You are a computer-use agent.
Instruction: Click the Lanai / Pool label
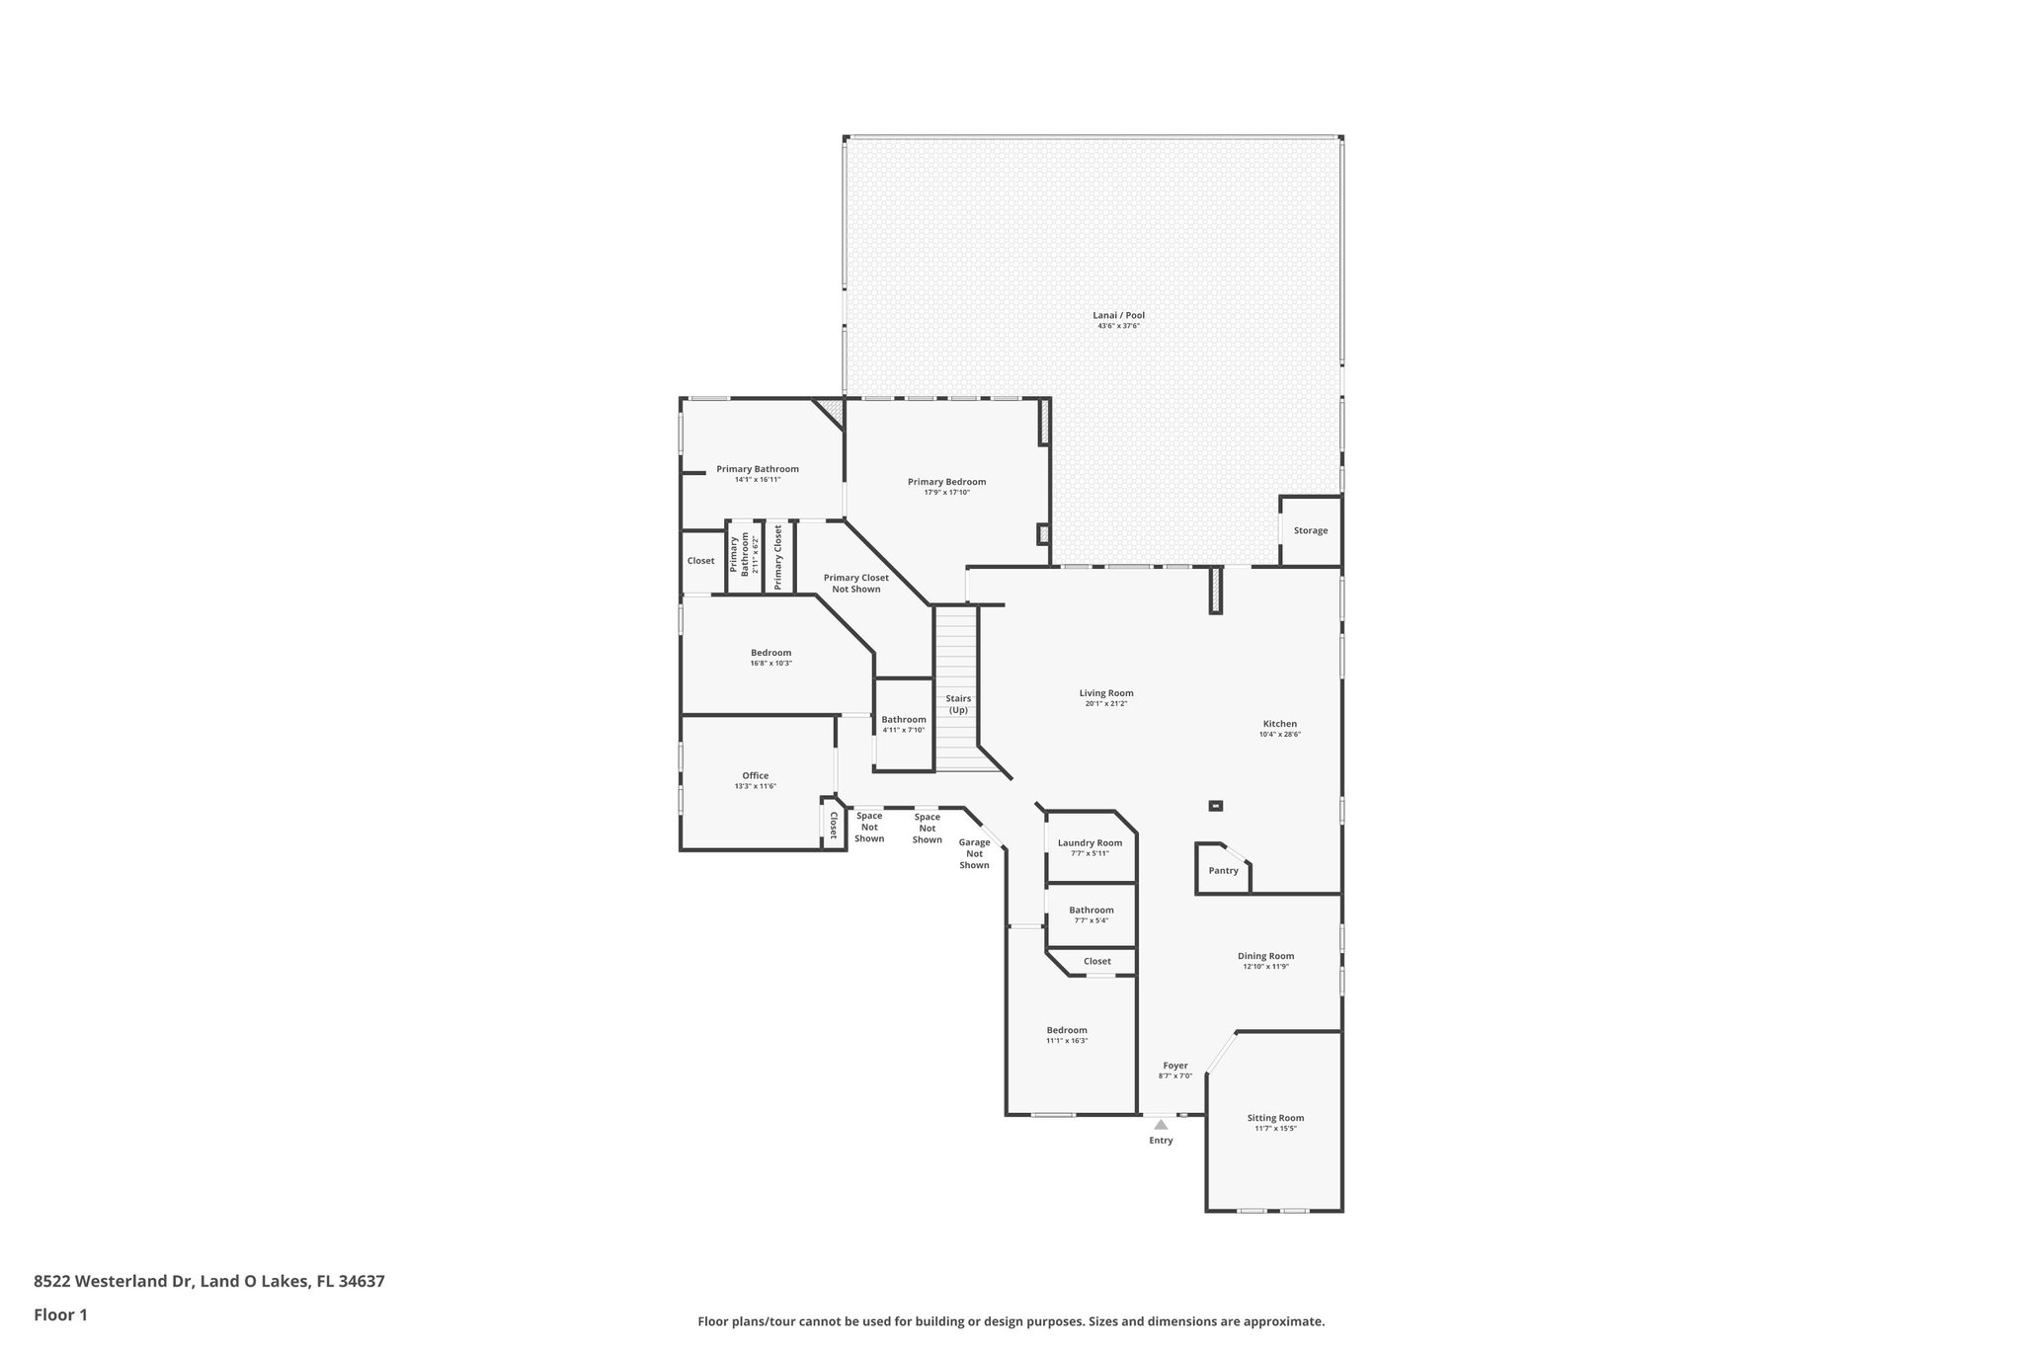1118,315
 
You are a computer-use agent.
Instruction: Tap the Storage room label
1311,530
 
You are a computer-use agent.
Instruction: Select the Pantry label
1223,870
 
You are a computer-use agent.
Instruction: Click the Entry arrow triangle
1161,1124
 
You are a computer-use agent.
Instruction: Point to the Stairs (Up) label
958,704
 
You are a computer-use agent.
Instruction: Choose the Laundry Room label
1090,842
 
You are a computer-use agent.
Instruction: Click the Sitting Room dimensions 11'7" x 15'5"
1275,1128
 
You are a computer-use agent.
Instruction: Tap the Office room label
755,775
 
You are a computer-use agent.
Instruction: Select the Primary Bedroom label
946,482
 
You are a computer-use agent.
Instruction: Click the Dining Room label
1265,956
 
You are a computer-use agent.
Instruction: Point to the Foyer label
1174,1066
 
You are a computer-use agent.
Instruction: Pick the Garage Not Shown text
974,853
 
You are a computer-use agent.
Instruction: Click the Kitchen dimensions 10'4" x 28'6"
1279,735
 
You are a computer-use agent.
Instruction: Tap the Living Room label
1105,693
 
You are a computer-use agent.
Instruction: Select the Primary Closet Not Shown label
855,583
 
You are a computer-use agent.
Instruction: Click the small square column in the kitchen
1216,806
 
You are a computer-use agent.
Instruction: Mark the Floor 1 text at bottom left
60,1314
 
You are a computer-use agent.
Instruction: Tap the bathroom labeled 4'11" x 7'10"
903,724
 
